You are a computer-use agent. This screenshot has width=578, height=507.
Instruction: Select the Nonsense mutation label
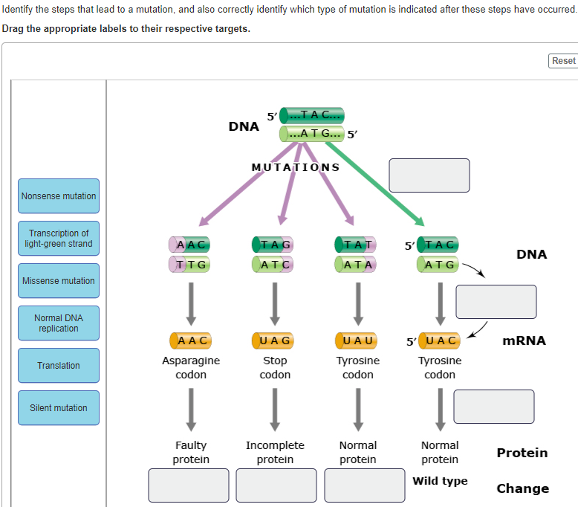(x=59, y=196)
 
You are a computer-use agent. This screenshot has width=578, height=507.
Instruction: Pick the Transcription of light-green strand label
(x=59, y=238)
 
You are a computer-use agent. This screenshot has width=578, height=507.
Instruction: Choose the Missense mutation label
(x=59, y=280)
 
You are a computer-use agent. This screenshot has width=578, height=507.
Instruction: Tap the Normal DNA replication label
(x=59, y=323)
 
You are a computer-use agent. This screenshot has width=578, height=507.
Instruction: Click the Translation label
(x=59, y=365)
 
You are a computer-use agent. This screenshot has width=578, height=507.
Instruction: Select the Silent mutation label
(x=59, y=407)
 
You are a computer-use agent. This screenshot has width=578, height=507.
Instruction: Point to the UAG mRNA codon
(x=274, y=341)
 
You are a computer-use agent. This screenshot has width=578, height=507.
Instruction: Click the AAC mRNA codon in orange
(x=191, y=341)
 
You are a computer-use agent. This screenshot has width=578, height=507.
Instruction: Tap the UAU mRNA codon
(x=357, y=341)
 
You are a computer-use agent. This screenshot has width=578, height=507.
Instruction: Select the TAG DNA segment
(x=273, y=244)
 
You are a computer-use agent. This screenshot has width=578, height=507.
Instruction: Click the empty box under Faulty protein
(x=189, y=485)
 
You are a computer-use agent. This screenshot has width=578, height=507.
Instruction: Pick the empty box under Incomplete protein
(x=276, y=485)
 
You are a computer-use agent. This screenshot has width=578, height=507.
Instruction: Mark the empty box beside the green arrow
(x=429, y=175)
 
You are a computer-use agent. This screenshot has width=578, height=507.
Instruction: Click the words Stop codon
(x=274, y=367)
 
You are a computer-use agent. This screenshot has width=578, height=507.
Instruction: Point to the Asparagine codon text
(x=191, y=367)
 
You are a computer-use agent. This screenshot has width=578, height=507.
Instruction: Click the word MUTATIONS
(x=296, y=167)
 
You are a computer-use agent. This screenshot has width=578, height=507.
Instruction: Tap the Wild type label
(x=440, y=481)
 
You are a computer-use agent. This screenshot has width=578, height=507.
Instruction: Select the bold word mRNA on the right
(x=524, y=340)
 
